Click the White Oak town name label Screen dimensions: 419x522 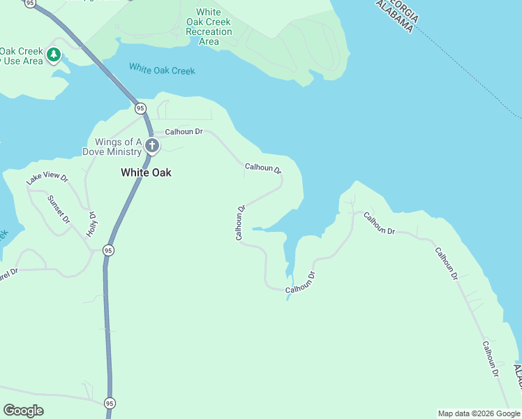pyautogui.click(x=146, y=172)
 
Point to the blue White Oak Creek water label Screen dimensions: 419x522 pyautogui.click(x=162, y=70)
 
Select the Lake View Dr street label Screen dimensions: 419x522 pyautogui.click(x=47, y=178)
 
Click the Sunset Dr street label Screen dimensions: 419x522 pyautogui.click(x=59, y=209)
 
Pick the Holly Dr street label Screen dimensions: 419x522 pyautogui.click(x=91, y=223)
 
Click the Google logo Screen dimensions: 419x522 pyautogui.click(x=23, y=411)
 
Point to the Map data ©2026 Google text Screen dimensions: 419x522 pyautogui.click(x=479, y=413)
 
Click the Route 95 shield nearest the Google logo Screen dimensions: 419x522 pyautogui.click(x=110, y=403)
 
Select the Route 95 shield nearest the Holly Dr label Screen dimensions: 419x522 pyautogui.click(x=108, y=250)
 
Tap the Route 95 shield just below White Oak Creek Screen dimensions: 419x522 pyautogui.click(x=140, y=108)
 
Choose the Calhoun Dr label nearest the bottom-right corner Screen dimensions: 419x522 pyautogui.click(x=491, y=359)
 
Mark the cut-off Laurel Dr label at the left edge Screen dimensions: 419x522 pyautogui.click(x=8, y=275)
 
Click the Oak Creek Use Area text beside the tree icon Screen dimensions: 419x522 pyautogui.click(x=21, y=56)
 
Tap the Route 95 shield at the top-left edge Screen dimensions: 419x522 pyautogui.click(x=29, y=3)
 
